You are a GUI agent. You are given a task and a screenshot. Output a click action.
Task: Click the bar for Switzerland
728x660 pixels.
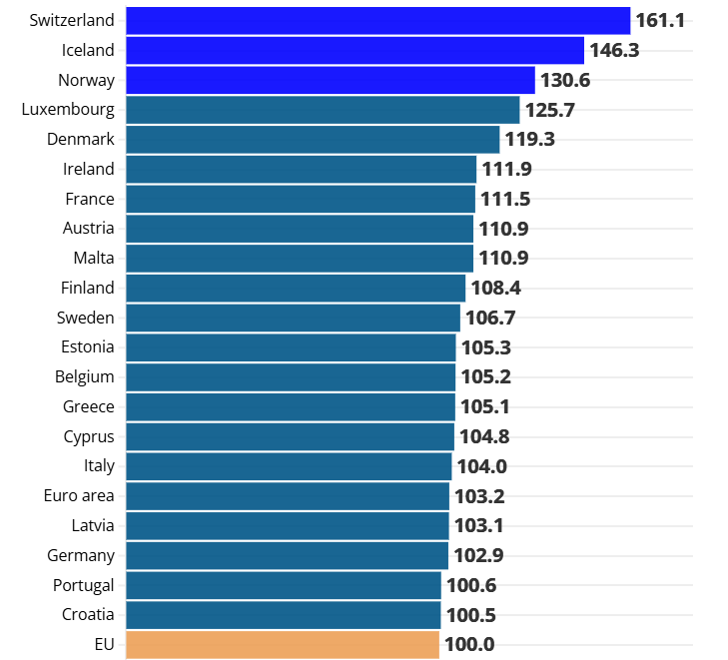(377, 20)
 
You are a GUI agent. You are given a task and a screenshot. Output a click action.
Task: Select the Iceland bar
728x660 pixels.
(355, 50)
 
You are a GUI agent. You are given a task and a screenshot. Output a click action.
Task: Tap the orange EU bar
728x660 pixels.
(283, 645)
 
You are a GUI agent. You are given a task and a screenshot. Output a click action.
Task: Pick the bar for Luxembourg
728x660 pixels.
(323, 110)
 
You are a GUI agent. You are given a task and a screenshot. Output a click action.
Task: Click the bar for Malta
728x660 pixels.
(300, 259)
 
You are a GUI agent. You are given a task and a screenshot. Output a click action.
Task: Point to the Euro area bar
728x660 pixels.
(288, 496)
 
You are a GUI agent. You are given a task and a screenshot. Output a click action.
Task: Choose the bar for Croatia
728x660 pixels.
(284, 615)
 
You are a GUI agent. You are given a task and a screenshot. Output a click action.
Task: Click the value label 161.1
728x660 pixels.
(660, 20)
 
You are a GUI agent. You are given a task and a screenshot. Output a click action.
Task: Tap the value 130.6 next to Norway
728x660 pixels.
(565, 80)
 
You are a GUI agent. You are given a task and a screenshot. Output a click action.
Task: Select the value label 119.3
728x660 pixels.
(529, 140)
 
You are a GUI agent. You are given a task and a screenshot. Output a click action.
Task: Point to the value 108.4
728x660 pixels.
(495, 289)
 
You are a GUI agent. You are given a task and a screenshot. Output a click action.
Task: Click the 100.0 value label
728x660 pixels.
(469, 645)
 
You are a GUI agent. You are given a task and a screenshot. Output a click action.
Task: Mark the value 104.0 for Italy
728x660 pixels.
(481, 466)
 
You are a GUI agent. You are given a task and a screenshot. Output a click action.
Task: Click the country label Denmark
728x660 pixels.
(81, 140)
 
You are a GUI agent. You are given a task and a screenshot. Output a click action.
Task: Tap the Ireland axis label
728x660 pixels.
(89, 169)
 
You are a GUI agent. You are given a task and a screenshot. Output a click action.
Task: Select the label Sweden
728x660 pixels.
(86, 318)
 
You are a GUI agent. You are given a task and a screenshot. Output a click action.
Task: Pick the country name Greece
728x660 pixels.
(89, 407)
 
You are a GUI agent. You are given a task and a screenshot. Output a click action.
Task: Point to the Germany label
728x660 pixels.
(81, 556)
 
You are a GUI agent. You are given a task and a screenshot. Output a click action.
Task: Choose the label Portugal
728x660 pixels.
(82, 585)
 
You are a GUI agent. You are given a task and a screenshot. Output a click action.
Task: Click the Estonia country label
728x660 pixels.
(87, 347)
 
